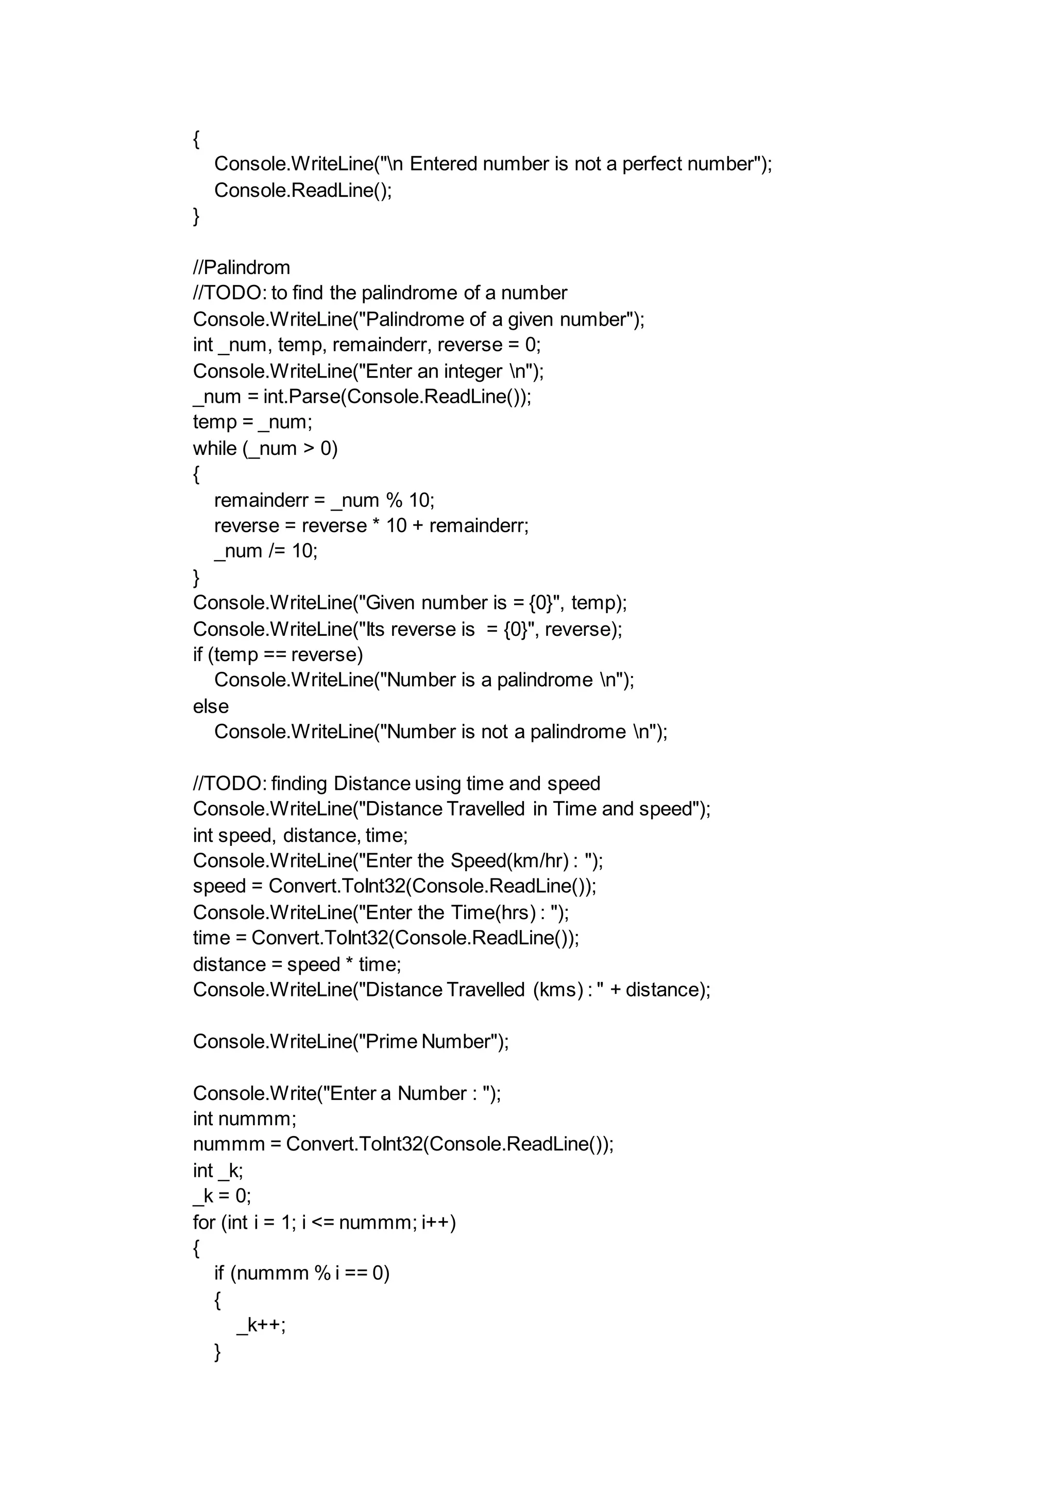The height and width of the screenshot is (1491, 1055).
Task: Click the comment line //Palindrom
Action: (x=241, y=268)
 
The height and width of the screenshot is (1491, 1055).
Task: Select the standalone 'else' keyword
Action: (x=211, y=706)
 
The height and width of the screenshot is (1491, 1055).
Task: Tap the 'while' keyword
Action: (x=214, y=448)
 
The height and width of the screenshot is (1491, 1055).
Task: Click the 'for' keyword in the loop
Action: (x=203, y=1222)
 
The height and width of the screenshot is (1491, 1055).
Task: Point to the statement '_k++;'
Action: (x=261, y=1325)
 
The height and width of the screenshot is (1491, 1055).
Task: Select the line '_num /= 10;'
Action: (x=266, y=551)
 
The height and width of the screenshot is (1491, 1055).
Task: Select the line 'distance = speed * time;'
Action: (x=297, y=964)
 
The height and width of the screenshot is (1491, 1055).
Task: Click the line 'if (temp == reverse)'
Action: (x=278, y=654)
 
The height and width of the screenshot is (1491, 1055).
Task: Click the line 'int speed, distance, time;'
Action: (x=300, y=835)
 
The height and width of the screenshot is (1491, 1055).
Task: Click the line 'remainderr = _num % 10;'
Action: (x=324, y=500)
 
